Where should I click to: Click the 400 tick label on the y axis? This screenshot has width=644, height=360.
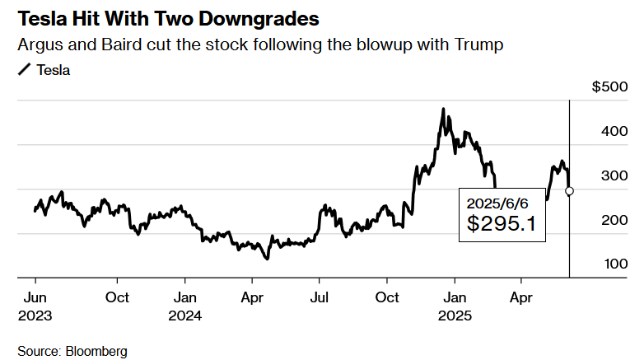pyautogui.click(x=612, y=131)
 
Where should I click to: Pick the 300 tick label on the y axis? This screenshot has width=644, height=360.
pyautogui.click(x=612, y=175)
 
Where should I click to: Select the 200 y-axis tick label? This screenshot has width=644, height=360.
pyautogui.click(x=612, y=220)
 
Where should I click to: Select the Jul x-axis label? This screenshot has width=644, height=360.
pyautogui.click(x=319, y=297)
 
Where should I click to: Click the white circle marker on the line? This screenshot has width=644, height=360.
pyautogui.click(x=569, y=191)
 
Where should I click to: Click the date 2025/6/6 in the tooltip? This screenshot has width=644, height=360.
pyautogui.click(x=495, y=203)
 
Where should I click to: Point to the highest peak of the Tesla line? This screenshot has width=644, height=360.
pyautogui.click(x=443, y=109)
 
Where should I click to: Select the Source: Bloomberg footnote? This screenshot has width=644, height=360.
pyautogui.click(x=72, y=351)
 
